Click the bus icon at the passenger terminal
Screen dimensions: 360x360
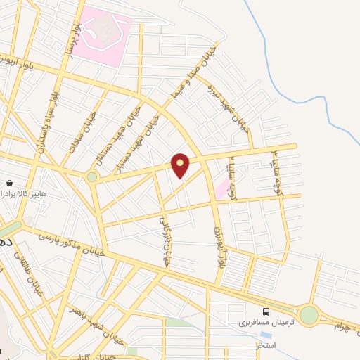tap(265, 311)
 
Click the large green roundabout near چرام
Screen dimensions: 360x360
tap(308, 314)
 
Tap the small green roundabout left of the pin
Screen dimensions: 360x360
tap(92, 176)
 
